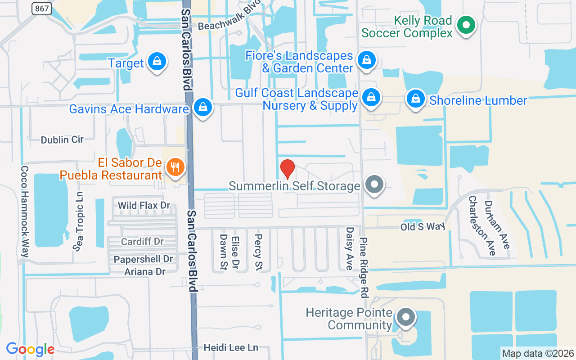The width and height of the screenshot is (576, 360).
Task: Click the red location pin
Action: click(288, 169)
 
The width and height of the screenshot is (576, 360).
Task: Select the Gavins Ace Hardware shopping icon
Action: click(203, 108)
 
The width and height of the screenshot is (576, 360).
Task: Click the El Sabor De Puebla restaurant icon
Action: click(174, 167)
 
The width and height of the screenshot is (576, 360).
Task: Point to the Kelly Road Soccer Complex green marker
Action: click(467, 25)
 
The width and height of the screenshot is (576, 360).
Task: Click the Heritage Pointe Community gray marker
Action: click(406, 317)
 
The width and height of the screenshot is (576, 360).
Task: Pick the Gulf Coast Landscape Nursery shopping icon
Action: click(371, 97)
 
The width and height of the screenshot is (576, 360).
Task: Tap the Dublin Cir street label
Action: click(62, 139)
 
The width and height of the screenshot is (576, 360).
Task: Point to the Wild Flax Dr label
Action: click(144, 206)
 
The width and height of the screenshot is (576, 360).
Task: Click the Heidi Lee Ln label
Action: click(231, 348)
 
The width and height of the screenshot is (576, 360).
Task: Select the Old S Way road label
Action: click(423, 226)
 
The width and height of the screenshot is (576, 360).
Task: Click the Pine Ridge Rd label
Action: click(364, 268)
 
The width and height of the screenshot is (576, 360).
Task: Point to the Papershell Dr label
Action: click(143, 259)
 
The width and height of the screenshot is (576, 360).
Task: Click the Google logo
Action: click(30, 349)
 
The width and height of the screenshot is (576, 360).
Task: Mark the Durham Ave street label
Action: click(497, 224)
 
